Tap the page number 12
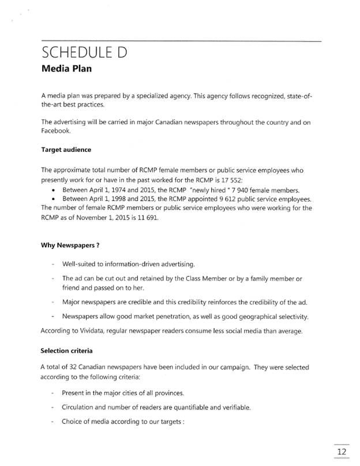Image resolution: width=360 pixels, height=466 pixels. tap(342, 450)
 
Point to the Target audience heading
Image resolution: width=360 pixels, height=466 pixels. tap(66, 150)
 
